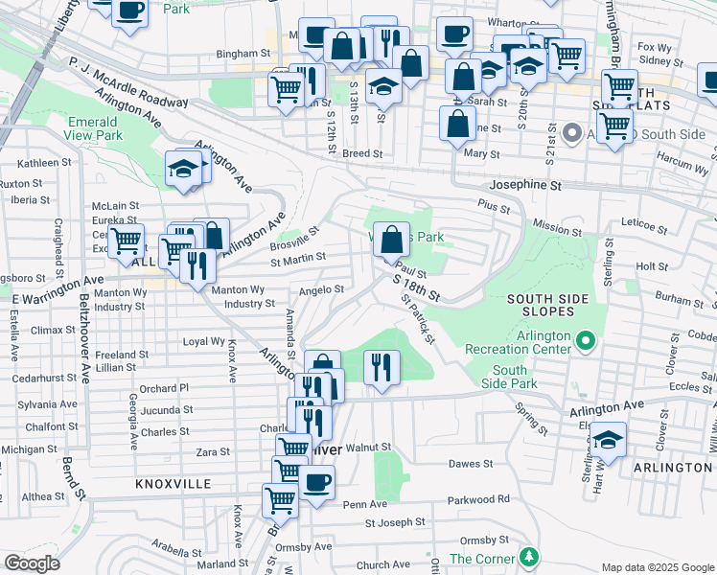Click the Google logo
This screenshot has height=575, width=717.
(x=31, y=563)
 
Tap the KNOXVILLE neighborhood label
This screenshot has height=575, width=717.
(x=173, y=484)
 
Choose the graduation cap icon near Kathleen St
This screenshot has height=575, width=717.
(x=181, y=169)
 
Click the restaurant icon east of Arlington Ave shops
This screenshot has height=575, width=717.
(x=382, y=367)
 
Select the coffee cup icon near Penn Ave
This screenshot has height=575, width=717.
(x=316, y=482)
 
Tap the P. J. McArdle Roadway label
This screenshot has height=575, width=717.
(x=128, y=81)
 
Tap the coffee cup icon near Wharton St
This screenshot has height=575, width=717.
(x=453, y=34)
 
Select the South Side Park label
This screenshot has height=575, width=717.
(x=510, y=377)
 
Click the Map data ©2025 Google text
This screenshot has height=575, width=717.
(x=658, y=567)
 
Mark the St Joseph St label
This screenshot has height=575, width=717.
(x=394, y=522)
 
